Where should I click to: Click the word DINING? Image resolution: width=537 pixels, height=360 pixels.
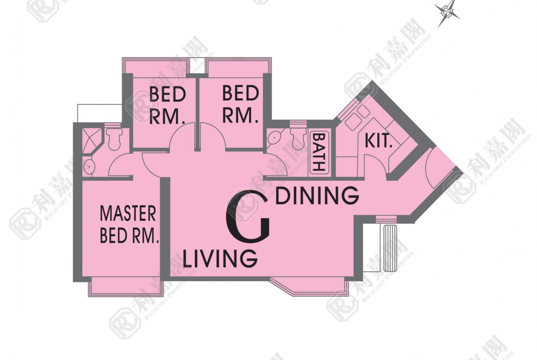point(318,196)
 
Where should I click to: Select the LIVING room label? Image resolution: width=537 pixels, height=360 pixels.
point(220,258)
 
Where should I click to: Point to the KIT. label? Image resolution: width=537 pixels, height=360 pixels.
point(379,140)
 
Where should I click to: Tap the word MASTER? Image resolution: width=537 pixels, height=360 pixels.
point(128,214)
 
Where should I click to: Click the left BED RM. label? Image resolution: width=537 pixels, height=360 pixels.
point(168,106)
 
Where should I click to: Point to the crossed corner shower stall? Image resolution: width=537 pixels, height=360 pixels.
point(91,140)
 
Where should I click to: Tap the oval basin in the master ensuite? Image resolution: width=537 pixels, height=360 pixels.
point(89,166)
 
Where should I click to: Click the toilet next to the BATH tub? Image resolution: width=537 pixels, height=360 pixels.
point(297,138)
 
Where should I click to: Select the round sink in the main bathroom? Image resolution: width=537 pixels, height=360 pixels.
point(274,138)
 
